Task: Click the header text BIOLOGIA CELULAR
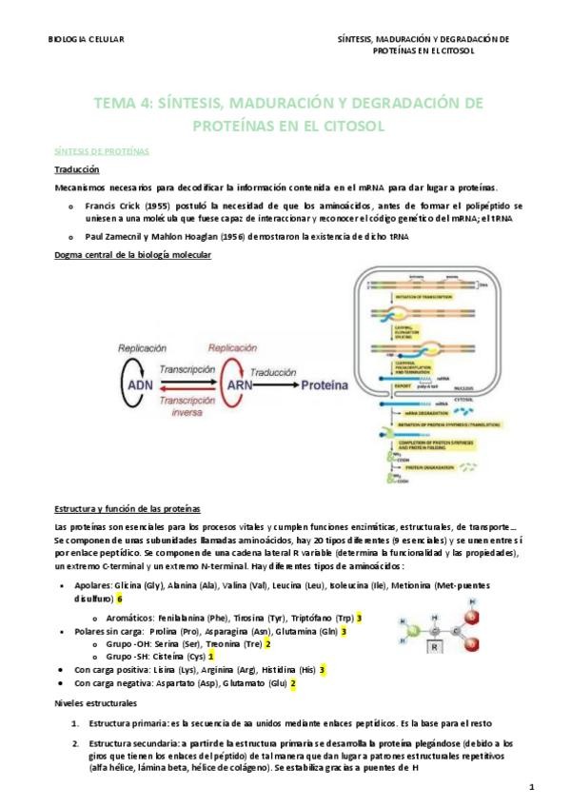point(85,39)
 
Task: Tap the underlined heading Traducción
point(77,168)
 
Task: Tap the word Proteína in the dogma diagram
point(325,386)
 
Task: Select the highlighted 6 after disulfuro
point(120,599)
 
